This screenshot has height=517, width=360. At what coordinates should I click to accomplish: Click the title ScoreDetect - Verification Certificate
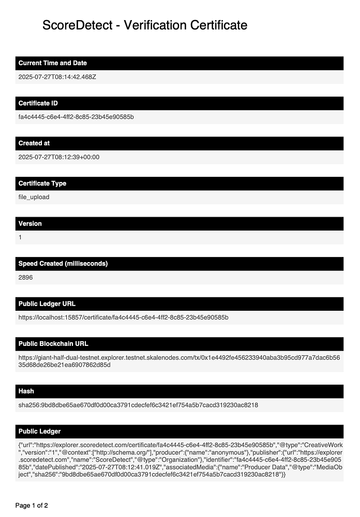[145, 25]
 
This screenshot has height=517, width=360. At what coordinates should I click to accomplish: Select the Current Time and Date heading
[53, 63]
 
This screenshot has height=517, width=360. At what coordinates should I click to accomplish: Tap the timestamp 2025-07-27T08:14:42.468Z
[57, 77]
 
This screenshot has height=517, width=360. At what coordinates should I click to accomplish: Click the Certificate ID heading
[38, 103]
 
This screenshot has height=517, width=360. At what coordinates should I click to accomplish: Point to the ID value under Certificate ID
[76, 117]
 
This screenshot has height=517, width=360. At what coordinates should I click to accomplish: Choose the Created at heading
[34, 143]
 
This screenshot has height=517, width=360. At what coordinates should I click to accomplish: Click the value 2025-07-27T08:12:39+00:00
[59, 157]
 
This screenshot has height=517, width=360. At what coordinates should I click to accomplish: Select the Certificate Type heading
[42, 184]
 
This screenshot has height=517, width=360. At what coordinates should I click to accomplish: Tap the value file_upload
[34, 197]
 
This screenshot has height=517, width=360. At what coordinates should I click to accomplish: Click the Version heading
[30, 223]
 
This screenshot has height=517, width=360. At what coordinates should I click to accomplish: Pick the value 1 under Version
[20, 237]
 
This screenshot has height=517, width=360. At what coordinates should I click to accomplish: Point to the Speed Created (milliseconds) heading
[63, 264]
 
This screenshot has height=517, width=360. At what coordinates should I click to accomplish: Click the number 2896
[26, 277]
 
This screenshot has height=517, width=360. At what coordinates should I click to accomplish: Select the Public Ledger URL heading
[47, 303]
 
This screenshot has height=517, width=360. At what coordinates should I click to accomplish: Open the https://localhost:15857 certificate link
[123, 317]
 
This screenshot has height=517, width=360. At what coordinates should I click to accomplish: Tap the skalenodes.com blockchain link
[179, 361]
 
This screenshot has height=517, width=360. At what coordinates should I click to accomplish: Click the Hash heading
[26, 391]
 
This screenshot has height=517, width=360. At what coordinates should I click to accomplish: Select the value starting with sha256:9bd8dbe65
[138, 405]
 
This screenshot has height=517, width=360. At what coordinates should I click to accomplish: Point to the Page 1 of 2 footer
[32, 505]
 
